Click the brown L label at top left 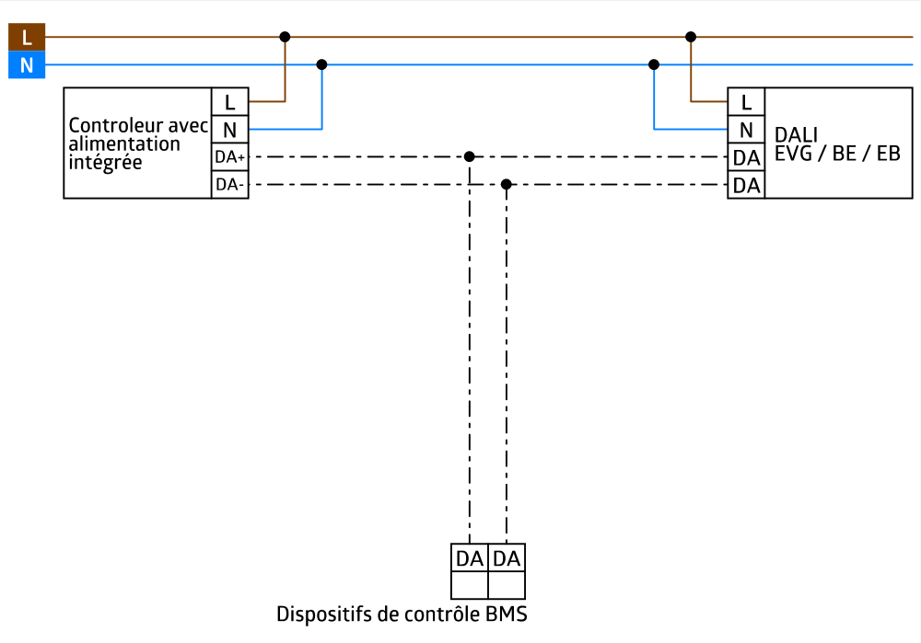click(27, 38)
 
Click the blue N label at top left click(27, 65)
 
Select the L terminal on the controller click(229, 102)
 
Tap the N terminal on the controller click(229, 130)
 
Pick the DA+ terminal click(229, 157)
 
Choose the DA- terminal click(229, 185)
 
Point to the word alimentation click(124, 144)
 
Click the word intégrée click(105, 163)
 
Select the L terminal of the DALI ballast click(746, 102)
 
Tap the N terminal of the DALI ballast click(746, 130)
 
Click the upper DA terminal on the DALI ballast click(746, 158)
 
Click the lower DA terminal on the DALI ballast click(746, 186)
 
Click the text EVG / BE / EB click(837, 154)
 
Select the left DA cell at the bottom click(470, 558)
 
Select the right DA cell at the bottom click(507, 558)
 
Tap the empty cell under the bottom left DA click(470, 585)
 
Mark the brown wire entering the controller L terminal click(267, 101)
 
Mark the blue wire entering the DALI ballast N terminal click(691, 130)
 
